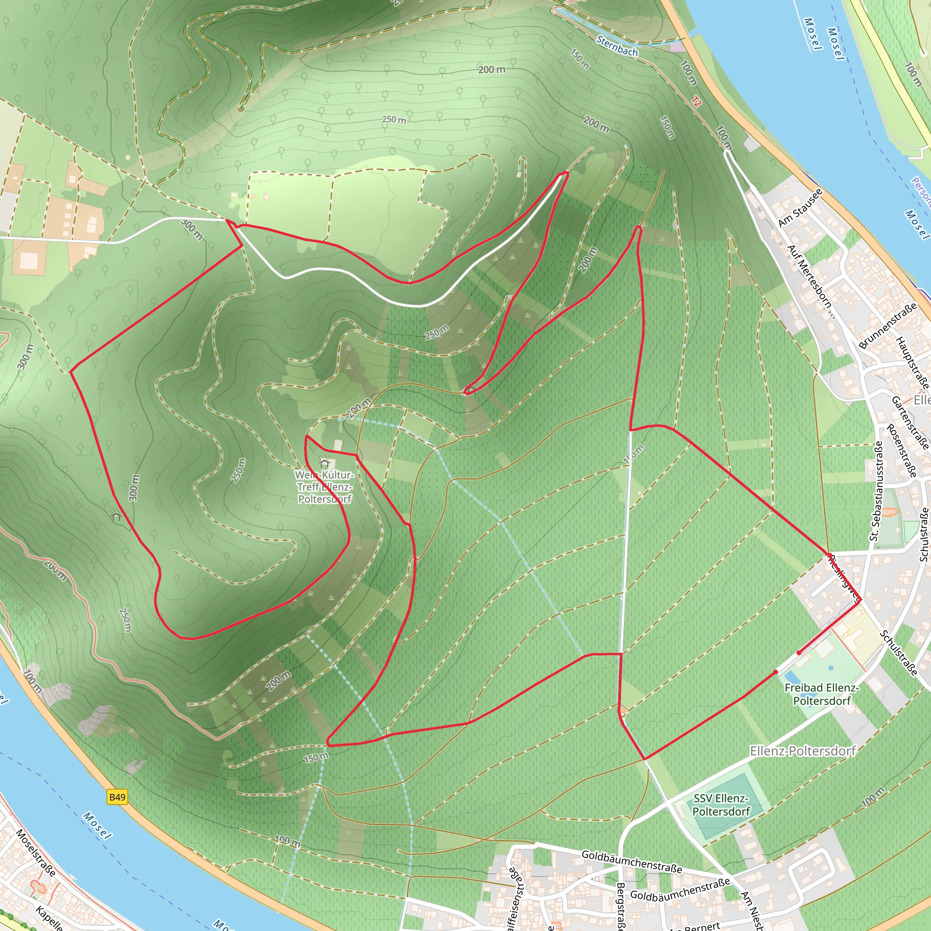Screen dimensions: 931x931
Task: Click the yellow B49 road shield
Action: coord(117,797)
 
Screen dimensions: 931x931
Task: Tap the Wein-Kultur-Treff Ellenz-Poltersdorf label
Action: coord(325,487)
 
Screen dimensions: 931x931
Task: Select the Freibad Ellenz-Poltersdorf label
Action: coord(821,694)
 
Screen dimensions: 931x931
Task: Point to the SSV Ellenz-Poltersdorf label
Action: coord(721,805)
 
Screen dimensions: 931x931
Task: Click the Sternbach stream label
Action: coord(617,46)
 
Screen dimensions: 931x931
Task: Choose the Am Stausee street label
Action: coord(801,208)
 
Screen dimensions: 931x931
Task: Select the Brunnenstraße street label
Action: coord(887,326)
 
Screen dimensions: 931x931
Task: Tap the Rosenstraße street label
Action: coord(901,451)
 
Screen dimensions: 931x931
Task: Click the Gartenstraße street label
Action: coord(909,422)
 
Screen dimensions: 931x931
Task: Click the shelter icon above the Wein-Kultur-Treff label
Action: coord(324,462)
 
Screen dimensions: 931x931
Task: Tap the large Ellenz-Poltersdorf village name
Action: coord(802,751)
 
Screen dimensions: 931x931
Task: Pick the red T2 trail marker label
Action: coord(697,101)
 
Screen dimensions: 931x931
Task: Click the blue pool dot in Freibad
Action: coord(831,668)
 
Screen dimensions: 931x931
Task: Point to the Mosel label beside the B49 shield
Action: coord(97,825)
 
